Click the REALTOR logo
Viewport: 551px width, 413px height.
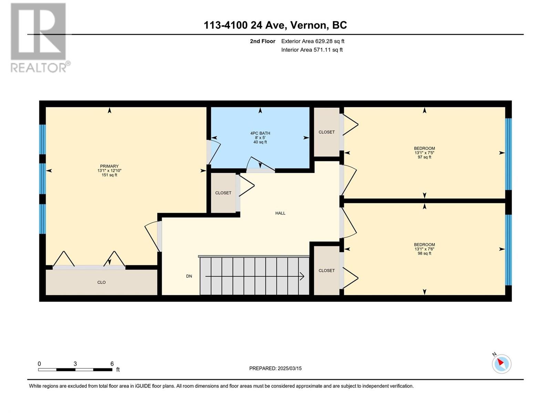point(40,38)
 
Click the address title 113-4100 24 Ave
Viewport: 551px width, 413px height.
point(245,25)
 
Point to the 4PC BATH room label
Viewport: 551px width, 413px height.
point(260,133)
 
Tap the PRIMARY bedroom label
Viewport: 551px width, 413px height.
point(109,166)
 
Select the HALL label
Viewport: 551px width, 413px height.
point(280,213)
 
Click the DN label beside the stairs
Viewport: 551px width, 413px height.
point(189,276)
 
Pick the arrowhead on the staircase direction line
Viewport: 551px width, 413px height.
point(302,276)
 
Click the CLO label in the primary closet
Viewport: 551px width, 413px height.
point(101,282)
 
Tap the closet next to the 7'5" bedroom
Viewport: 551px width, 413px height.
point(326,132)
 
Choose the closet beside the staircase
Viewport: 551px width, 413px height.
point(326,271)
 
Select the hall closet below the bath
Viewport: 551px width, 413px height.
point(223,193)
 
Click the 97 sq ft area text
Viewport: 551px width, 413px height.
point(424,157)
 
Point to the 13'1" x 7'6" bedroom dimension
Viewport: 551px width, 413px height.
point(424,249)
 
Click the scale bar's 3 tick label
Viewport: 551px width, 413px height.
point(75,364)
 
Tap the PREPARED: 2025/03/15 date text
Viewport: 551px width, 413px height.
point(275,368)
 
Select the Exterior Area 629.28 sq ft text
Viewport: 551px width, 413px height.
point(313,41)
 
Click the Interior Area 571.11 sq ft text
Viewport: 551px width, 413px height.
point(312,50)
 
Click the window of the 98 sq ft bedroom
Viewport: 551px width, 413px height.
point(508,250)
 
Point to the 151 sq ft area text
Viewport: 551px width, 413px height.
point(109,175)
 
